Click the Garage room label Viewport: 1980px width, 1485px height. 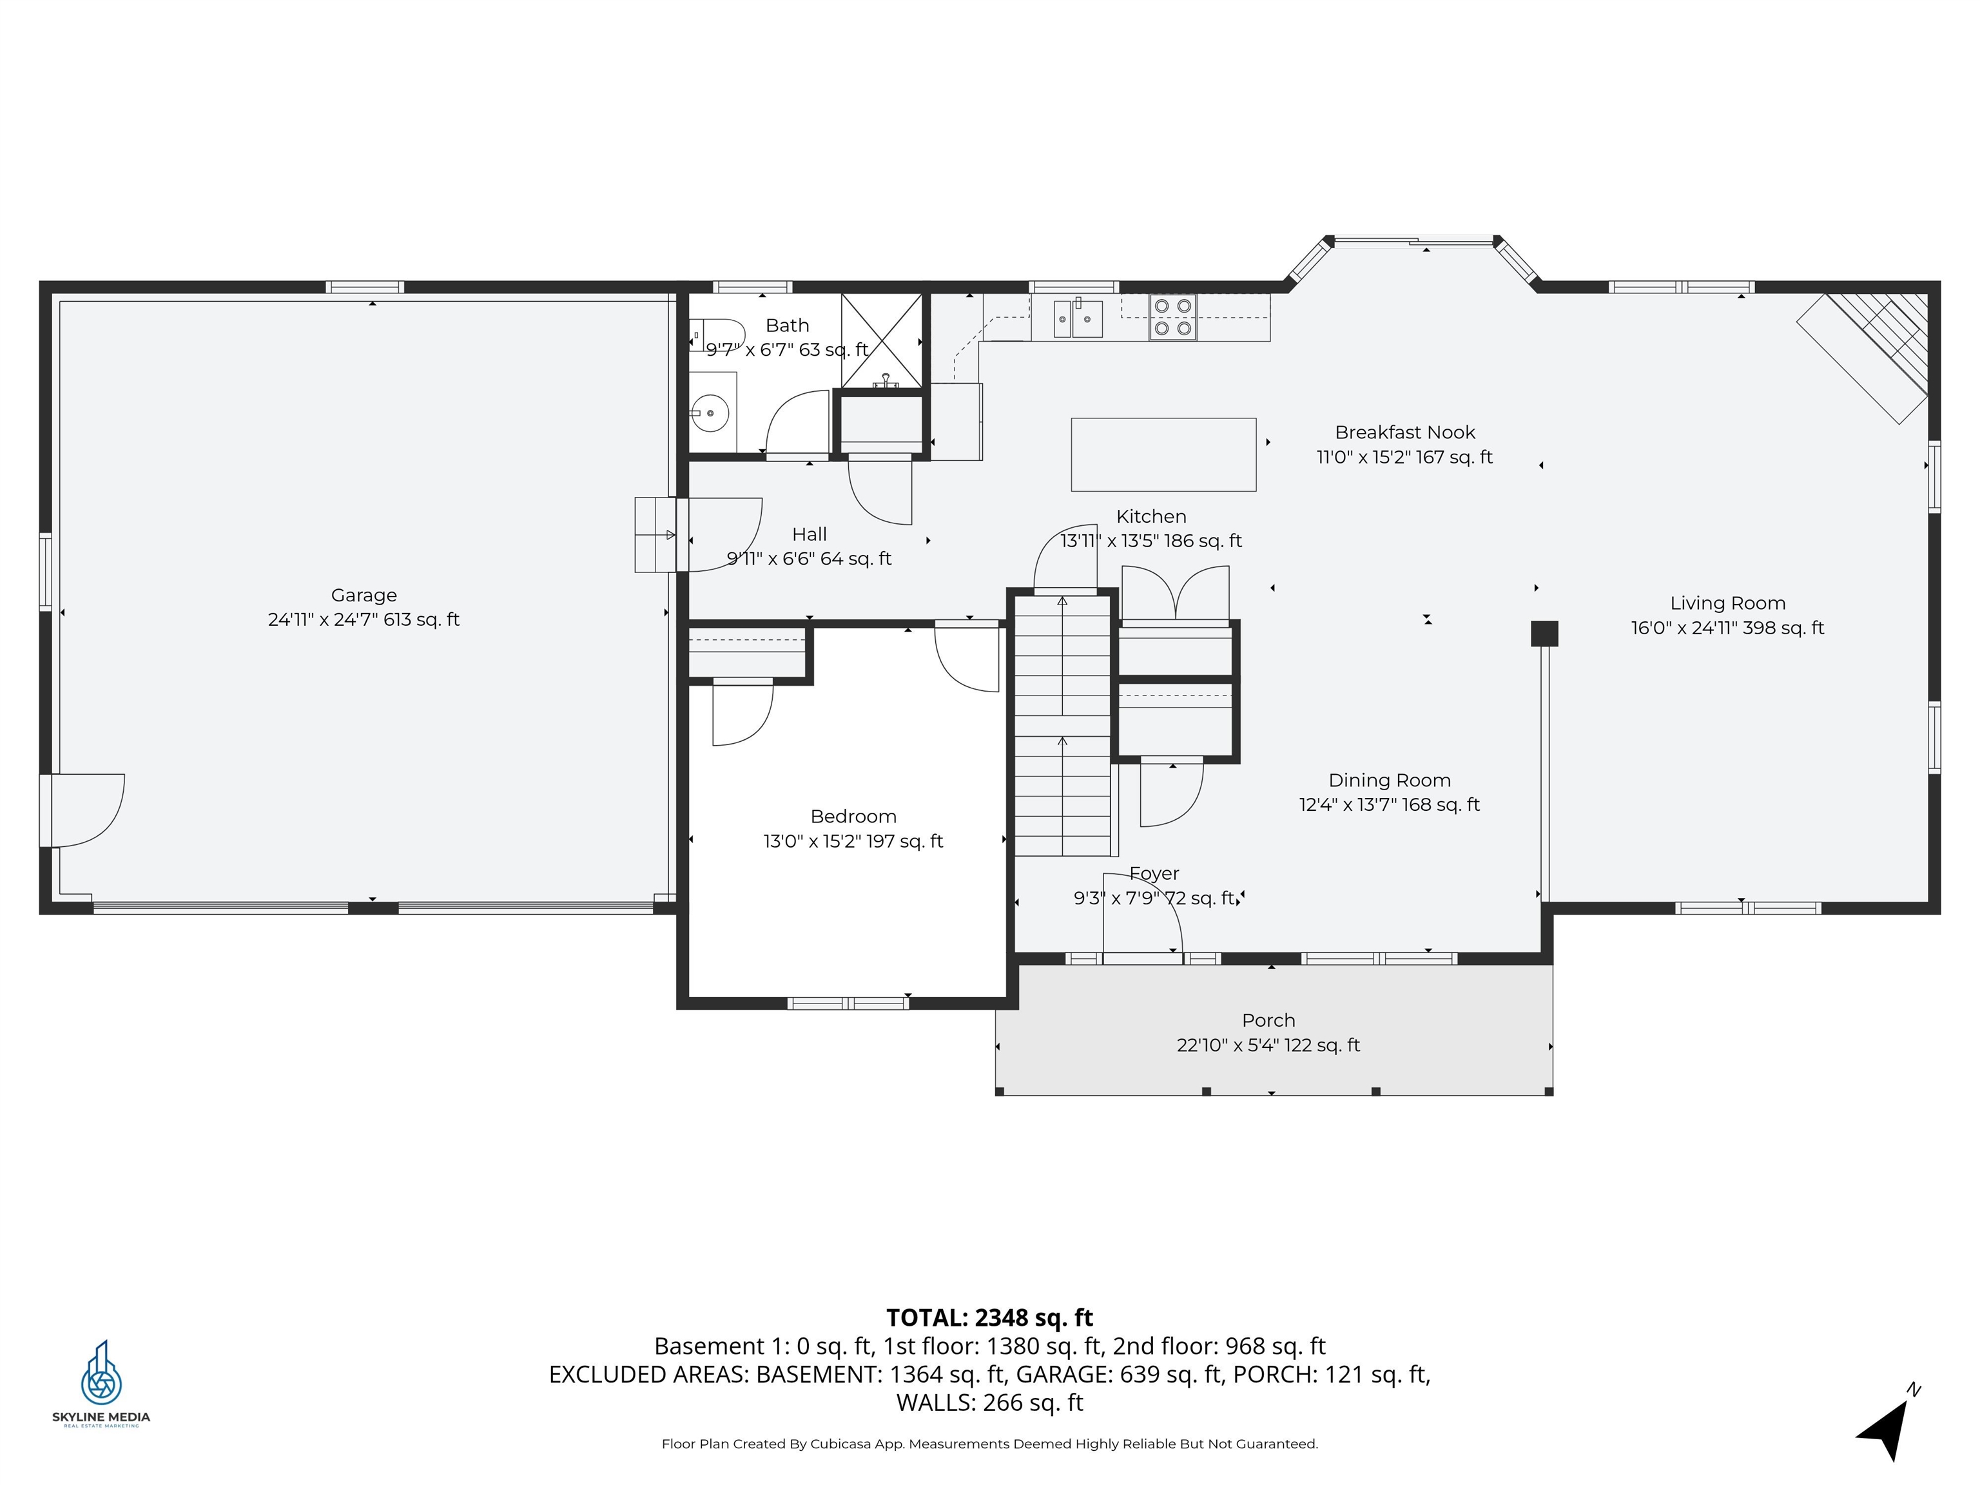pyautogui.click(x=364, y=596)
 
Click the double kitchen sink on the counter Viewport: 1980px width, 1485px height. pyautogui.click(x=1078, y=318)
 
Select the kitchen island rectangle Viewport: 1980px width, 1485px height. pyautogui.click(x=1163, y=455)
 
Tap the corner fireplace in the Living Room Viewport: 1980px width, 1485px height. pyautogui.click(x=1871, y=354)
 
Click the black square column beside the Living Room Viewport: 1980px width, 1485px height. pyautogui.click(x=1544, y=634)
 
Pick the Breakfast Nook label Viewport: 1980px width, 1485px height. pyautogui.click(x=1404, y=432)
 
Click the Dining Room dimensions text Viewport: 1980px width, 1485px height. pyautogui.click(x=1389, y=805)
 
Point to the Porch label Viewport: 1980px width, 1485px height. pyautogui.click(x=1268, y=1020)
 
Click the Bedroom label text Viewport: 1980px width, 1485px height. pyautogui.click(x=853, y=817)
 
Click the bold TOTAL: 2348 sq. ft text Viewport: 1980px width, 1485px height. pyautogui.click(x=989, y=1317)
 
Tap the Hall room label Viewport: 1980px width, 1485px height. pyautogui.click(x=809, y=534)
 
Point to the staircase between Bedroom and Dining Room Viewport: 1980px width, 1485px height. pyautogui.click(x=1062, y=725)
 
